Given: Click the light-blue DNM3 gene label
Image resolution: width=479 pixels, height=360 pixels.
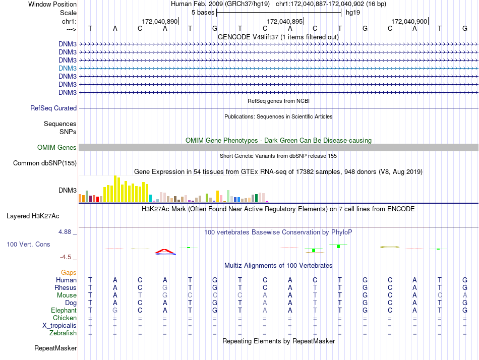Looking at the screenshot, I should coord(68,68).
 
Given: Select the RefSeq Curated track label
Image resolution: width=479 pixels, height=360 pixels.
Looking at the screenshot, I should coord(53,108).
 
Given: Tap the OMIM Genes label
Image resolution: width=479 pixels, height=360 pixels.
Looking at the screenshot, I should coord(57,148).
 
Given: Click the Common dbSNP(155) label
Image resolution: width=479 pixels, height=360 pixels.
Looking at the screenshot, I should coord(45,163).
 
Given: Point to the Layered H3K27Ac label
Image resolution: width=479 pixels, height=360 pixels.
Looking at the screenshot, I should coord(33,216).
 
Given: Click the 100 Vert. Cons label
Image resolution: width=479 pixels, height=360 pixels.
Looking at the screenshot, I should coord(28,244).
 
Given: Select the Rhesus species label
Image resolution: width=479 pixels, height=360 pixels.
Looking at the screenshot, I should coord(66,287).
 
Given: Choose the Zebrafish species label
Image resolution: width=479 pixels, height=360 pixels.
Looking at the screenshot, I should coord(63,333).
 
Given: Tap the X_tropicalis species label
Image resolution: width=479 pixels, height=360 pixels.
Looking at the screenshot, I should coord(59,325).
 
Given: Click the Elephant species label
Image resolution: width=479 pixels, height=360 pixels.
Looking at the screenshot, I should coord(64,310).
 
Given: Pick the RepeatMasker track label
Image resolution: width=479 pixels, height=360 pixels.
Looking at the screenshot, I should coord(55,348).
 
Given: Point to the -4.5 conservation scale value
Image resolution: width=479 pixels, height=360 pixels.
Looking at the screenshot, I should coord(68,257).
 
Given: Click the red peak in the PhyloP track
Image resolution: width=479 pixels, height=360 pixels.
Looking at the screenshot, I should coord(165,251).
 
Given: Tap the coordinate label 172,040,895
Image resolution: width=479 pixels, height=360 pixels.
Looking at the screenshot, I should coord(285,21).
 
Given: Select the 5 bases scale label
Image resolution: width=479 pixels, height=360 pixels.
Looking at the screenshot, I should coord(203,13).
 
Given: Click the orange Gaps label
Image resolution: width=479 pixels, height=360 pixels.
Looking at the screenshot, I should coord(69,272).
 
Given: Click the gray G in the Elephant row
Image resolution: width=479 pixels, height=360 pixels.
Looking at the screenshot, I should coord(115,310).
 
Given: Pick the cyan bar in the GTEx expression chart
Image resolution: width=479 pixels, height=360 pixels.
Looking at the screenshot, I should coord(150,198).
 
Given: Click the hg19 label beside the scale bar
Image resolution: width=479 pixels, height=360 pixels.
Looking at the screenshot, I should coord(353,13).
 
